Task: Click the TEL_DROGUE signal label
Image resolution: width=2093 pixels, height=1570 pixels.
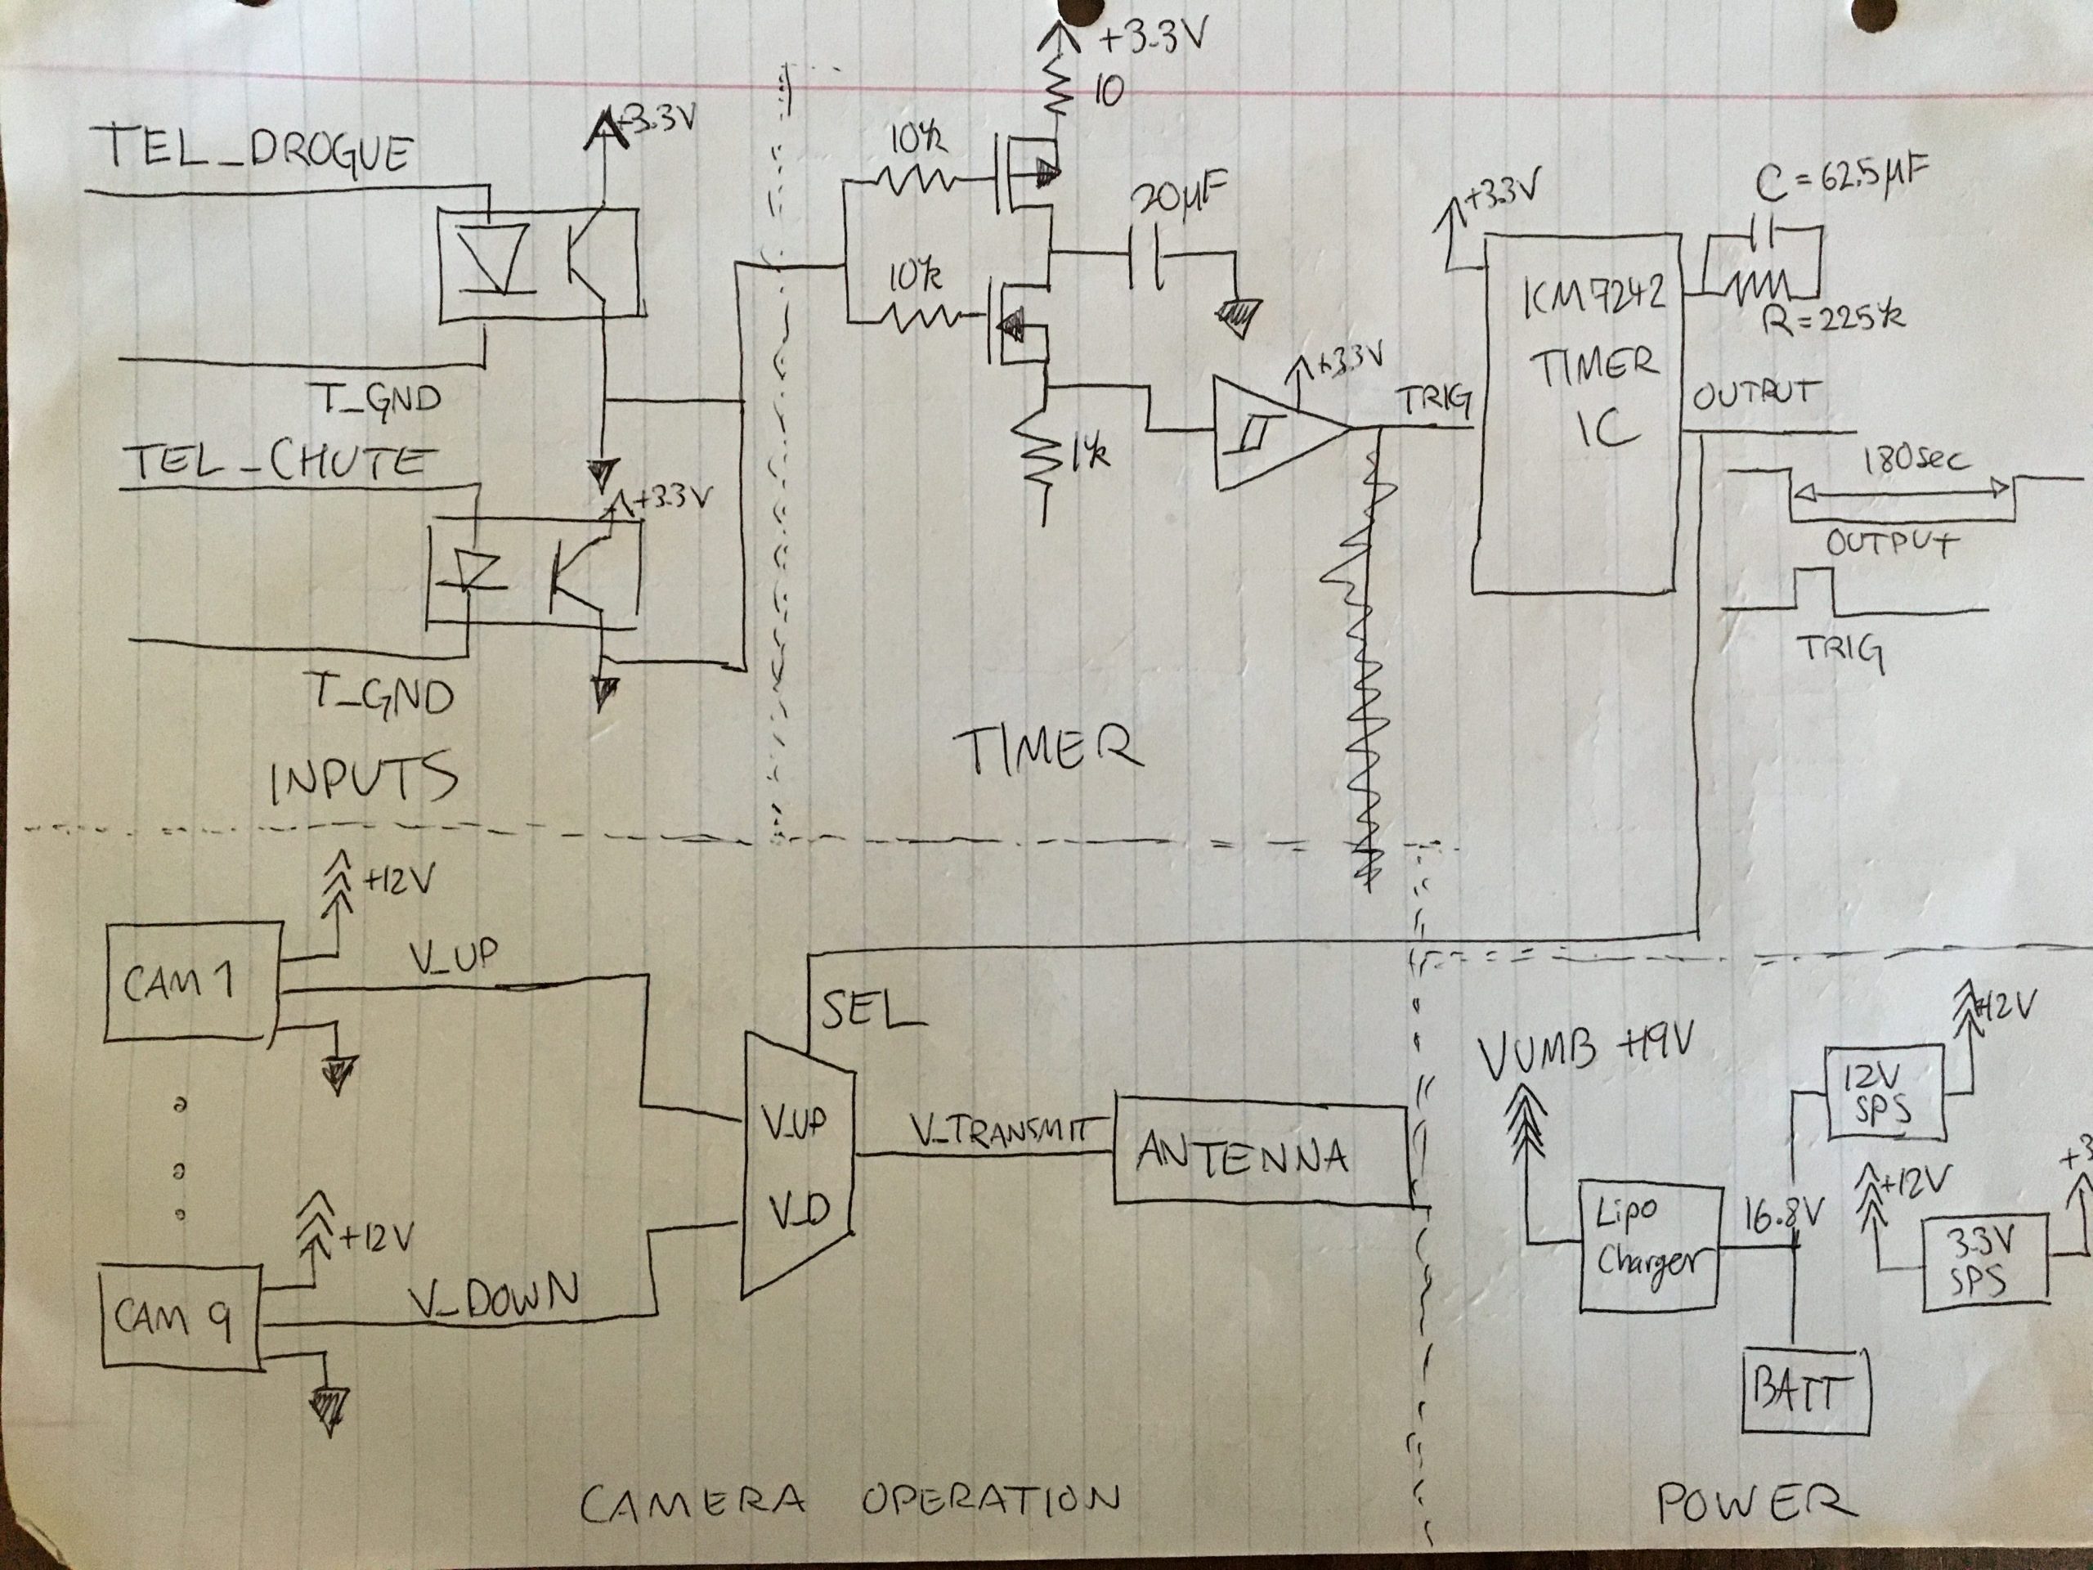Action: (x=255, y=150)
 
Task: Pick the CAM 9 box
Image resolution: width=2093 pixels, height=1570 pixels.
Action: (x=179, y=1317)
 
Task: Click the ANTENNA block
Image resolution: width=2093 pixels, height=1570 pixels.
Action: (x=1258, y=1155)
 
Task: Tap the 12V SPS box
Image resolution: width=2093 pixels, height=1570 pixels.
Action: (x=1884, y=1092)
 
